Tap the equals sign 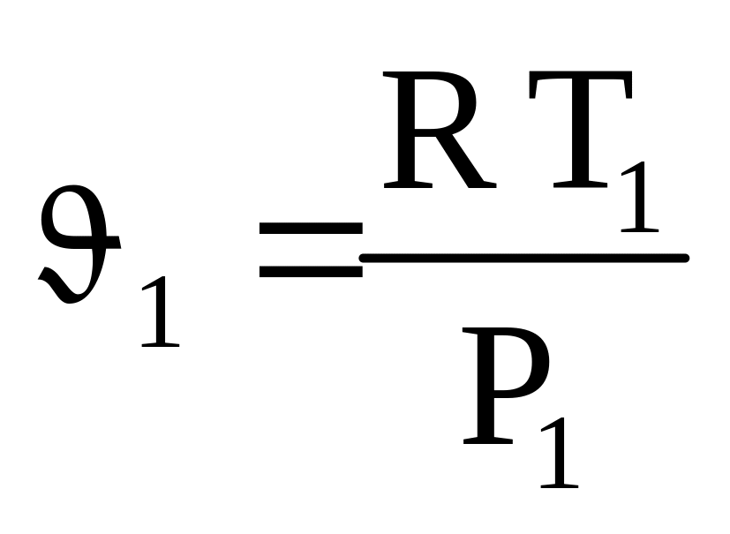tap(310, 250)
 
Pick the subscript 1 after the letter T tap(640, 199)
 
